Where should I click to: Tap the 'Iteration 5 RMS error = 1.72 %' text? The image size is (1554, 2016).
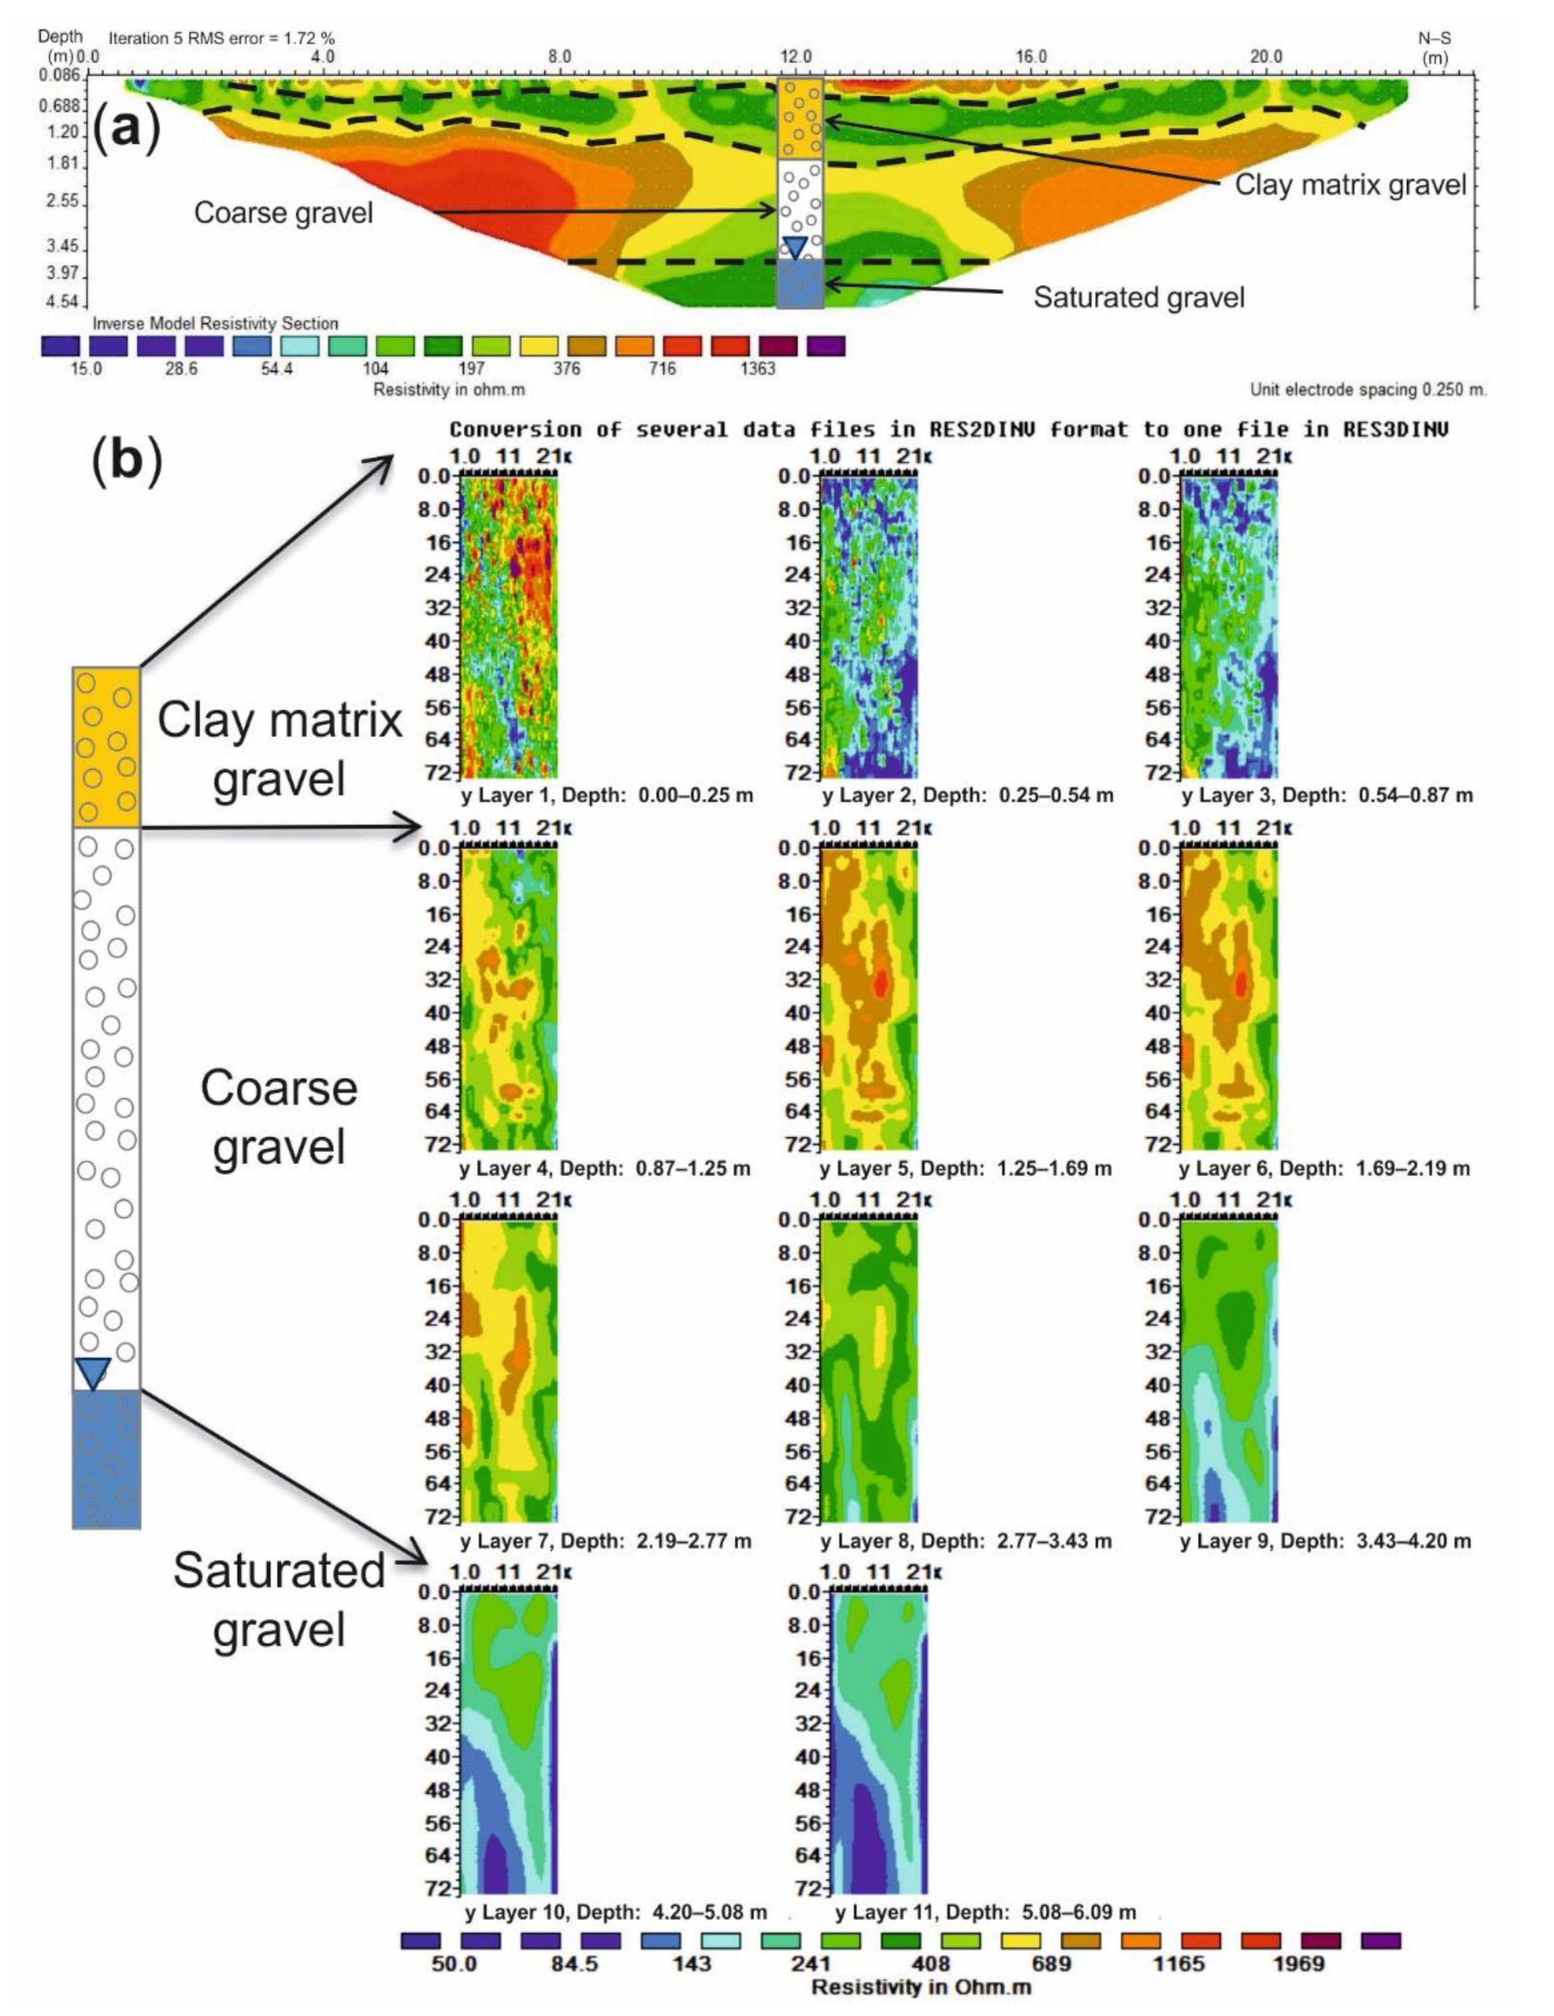(222, 39)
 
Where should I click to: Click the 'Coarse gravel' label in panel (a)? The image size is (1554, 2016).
(284, 213)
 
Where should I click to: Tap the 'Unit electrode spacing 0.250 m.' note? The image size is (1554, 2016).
(1367, 389)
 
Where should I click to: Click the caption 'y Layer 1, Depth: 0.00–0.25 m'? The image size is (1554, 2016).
(606, 795)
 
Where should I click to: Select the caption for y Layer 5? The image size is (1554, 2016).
(966, 1168)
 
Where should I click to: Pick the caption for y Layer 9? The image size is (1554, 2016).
(1325, 1541)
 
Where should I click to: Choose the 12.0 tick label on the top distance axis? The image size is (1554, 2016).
(796, 56)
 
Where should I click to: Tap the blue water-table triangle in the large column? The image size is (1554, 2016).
(93, 1372)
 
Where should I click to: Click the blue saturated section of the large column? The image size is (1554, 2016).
(106, 1459)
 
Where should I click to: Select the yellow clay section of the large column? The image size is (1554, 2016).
(106, 746)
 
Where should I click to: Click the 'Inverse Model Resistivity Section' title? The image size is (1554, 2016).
(215, 323)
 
